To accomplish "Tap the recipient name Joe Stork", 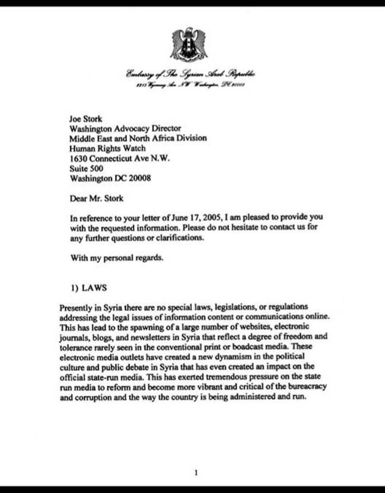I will [86, 119].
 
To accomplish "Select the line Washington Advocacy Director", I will [125, 129].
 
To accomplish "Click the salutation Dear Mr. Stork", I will [96, 199].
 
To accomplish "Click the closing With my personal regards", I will [117, 258].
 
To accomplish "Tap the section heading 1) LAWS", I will [89, 288].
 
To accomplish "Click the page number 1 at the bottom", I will [196, 473].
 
